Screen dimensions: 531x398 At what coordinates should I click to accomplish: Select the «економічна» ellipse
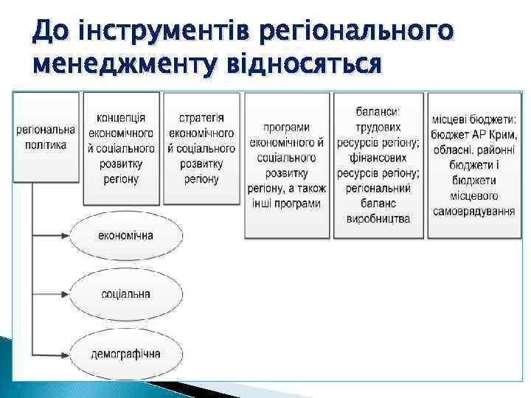[x=125, y=234]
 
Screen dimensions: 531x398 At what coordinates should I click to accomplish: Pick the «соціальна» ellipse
[x=125, y=294]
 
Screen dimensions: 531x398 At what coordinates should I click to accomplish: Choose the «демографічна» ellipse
[x=125, y=353]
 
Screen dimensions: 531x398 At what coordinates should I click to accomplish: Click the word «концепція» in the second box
[x=121, y=117]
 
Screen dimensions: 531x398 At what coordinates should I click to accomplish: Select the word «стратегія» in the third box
[x=201, y=117]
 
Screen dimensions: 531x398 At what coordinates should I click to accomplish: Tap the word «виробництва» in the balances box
[x=378, y=219]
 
